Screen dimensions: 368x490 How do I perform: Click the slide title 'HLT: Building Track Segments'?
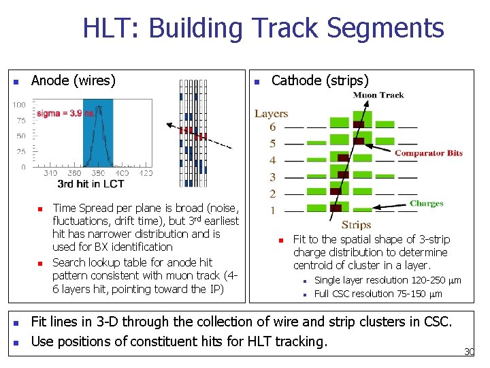click(263, 29)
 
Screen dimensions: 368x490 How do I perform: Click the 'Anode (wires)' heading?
click(73, 80)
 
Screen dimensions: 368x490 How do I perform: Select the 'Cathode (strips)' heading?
click(320, 80)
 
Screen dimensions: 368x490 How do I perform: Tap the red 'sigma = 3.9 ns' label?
click(65, 113)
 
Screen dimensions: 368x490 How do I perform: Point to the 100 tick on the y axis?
click(19, 105)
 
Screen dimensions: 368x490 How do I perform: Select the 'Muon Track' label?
click(378, 95)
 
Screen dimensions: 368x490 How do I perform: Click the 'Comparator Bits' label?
click(428, 153)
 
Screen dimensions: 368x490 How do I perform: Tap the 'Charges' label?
click(426, 203)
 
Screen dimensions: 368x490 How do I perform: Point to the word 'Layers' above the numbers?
click(271, 114)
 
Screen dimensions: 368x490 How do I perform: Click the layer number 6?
click(273, 127)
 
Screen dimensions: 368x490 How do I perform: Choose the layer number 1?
click(273, 211)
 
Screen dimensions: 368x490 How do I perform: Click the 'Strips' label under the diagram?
click(356, 224)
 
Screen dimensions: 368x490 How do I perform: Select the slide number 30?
click(468, 352)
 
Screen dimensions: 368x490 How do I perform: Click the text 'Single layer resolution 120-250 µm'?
click(387, 280)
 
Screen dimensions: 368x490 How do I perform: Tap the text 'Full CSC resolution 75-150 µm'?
click(378, 294)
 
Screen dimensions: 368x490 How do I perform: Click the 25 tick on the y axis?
click(21, 151)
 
